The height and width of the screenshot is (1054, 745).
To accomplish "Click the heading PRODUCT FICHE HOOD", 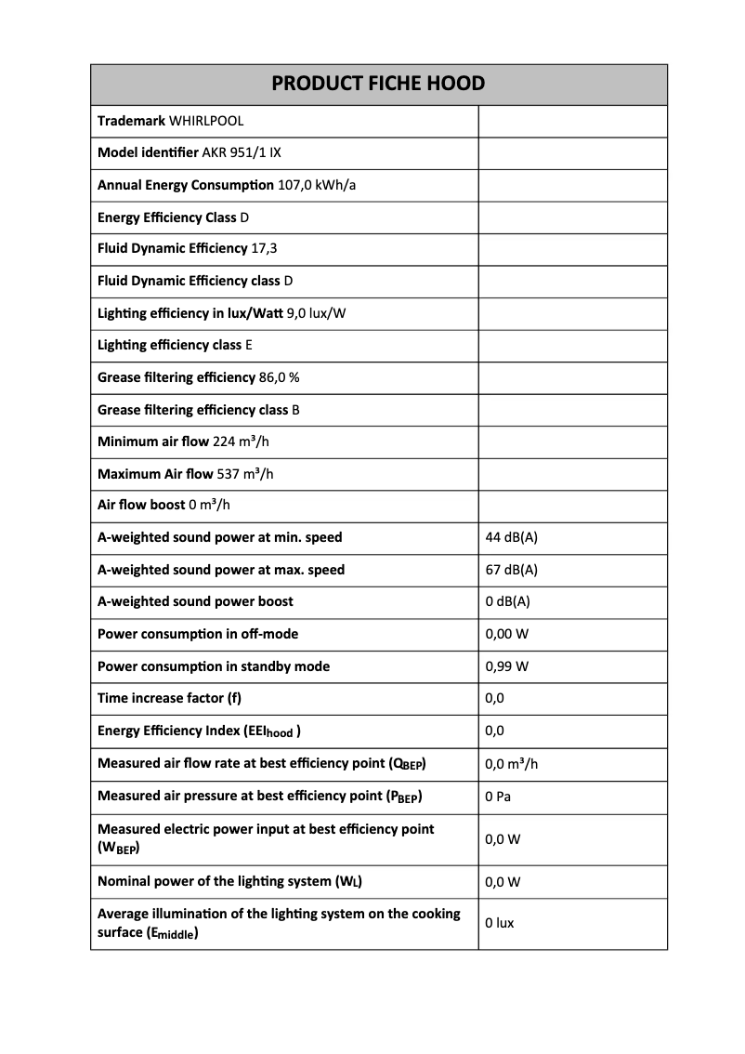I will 378,84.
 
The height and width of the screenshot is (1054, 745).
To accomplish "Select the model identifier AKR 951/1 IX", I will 242,152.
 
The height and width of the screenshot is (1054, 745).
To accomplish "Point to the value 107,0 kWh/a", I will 317,185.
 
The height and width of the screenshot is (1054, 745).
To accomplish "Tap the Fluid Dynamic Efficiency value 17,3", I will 264,249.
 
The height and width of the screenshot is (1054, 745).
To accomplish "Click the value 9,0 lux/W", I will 316,313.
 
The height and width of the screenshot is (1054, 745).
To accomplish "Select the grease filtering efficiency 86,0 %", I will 279,377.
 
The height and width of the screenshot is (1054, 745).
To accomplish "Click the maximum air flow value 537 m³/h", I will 244,474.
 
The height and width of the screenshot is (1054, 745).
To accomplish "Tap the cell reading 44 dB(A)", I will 511,537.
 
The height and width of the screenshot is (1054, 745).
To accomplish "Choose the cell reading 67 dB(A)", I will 511,570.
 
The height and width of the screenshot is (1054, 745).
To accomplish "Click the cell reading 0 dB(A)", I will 507,601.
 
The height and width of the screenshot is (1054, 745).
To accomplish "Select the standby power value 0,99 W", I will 507,666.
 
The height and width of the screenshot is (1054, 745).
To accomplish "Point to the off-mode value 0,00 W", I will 507,634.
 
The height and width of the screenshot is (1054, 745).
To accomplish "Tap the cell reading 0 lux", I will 500,923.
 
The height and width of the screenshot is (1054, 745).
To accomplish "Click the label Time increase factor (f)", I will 169,698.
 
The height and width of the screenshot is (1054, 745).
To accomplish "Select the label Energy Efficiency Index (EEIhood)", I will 199,731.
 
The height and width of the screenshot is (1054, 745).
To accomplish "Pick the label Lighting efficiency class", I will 169,345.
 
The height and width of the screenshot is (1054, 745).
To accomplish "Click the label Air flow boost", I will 141,506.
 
